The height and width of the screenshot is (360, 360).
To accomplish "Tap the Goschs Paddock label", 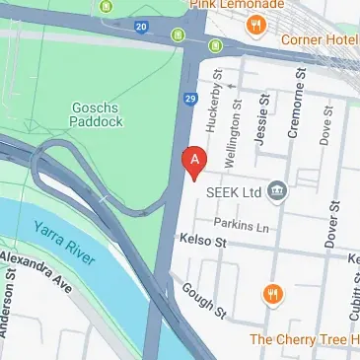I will pos(97,115).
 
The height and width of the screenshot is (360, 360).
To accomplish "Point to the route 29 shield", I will pos(191,99).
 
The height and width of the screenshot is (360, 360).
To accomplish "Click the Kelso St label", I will pos(204,241).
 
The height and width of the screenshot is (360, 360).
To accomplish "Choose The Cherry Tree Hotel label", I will pos(303,339).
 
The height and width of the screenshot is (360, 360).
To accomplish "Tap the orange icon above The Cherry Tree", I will pos(273,294).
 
